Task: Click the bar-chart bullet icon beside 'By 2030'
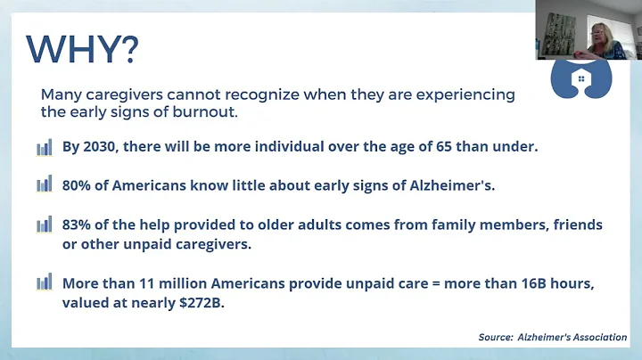[44, 147]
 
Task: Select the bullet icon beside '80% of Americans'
[44, 184]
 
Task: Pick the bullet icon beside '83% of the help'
[44, 225]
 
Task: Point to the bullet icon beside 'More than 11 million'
[44, 283]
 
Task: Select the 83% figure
[78, 225]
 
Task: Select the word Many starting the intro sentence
[62, 94]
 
